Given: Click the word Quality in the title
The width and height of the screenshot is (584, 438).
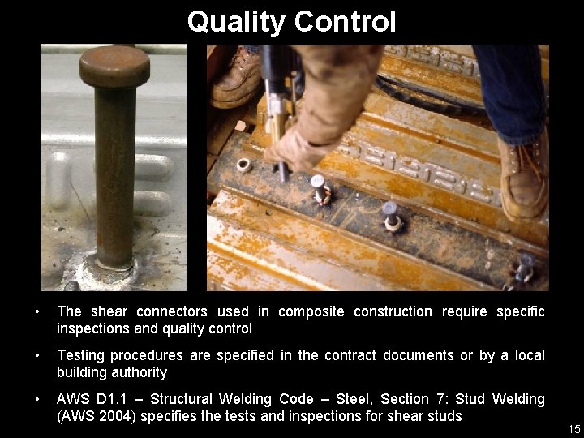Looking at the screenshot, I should [x=235, y=22].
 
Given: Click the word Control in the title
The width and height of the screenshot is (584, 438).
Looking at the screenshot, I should [x=345, y=22].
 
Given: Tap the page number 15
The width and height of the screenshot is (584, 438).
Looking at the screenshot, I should [x=574, y=428].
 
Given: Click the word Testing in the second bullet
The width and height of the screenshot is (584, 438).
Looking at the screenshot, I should [x=80, y=356].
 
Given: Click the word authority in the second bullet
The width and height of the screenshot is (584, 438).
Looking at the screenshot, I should [x=140, y=372].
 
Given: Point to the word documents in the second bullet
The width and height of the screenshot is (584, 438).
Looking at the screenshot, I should [x=418, y=356].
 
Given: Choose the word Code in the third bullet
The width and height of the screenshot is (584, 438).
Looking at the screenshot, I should [x=324, y=400].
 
